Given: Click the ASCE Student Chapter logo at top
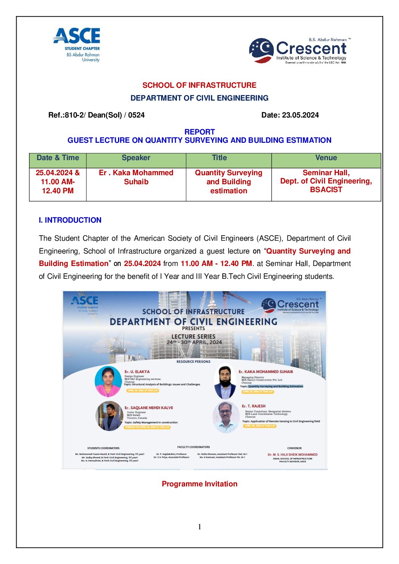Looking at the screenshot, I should pos(77,44).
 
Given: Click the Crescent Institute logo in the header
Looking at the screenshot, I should pos(298,50).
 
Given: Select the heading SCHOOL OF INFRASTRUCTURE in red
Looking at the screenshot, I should pos(199,85).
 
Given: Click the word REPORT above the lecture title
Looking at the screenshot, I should pos(199,132).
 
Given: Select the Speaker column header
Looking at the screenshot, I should pos(136,158).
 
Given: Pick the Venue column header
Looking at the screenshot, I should pos(326,158).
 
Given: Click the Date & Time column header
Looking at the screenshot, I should pos(58,158).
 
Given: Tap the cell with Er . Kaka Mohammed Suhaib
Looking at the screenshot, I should pos(136,177).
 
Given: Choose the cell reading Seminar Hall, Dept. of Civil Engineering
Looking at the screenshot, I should pos(326,181).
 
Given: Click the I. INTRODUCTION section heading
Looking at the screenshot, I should pos(70,220).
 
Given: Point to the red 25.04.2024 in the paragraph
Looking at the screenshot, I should pos(142,263).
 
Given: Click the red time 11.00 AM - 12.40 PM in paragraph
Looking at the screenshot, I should pos(216,263).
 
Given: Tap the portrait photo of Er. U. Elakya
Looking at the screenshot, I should pos(109,381).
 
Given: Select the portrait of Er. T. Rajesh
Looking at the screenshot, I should pos(226,417).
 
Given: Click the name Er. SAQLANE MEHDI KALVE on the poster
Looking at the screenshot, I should pos(149,408).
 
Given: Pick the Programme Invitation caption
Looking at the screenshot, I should pos(199,484).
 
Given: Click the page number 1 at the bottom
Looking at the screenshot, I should pos(199,527).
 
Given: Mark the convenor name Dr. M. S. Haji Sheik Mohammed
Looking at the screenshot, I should pos(293,454).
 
